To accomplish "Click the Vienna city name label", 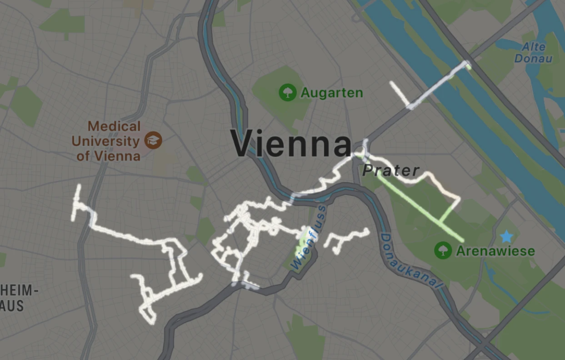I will [x=291, y=144].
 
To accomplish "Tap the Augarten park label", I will [x=332, y=93].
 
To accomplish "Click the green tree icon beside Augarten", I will [x=287, y=93].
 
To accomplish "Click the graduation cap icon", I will [x=153, y=140].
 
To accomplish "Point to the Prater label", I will [x=391, y=170].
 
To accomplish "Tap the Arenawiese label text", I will [x=495, y=251].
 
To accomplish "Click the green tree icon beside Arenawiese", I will [x=443, y=250].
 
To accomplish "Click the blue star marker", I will [x=506, y=236].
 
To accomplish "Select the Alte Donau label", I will [x=533, y=52].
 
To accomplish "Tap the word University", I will [x=105, y=141].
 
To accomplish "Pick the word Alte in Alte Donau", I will [x=533, y=46].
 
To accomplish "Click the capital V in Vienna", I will [x=244, y=144].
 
